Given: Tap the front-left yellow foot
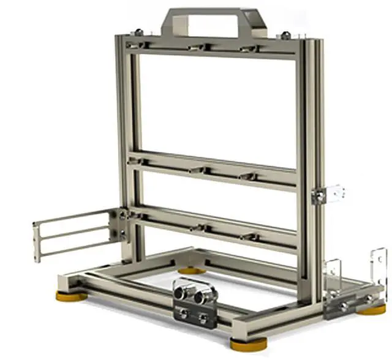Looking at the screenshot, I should click(x=72, y=296).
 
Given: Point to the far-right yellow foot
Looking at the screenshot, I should click(x=372, y=309).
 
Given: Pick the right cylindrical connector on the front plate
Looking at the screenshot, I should click(x=203, y=296).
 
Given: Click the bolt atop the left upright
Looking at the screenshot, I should click(x=140, y=32).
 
